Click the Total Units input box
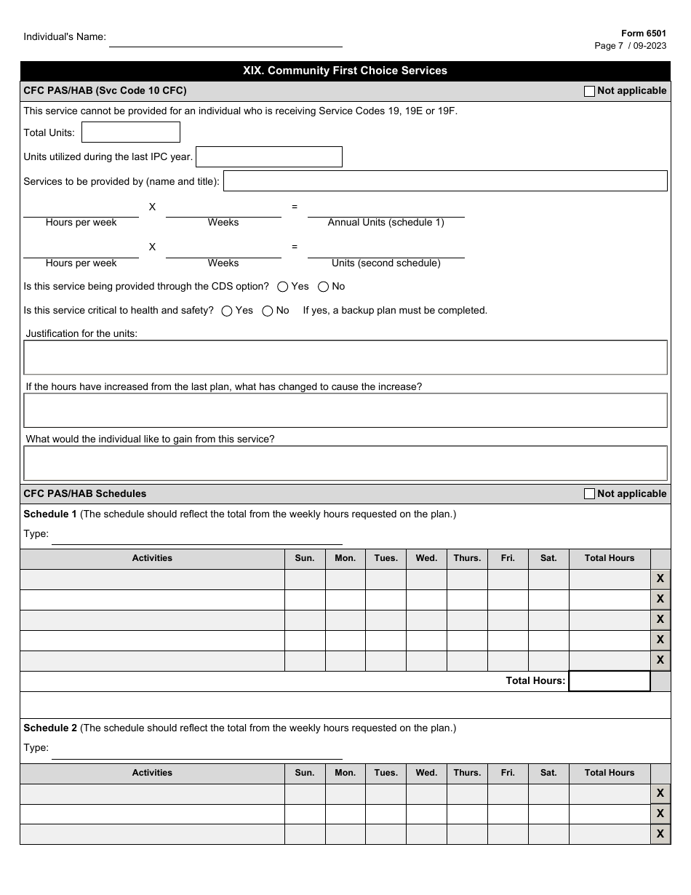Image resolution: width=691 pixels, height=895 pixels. point(131,132)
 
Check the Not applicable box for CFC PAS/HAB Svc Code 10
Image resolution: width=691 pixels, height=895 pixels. point(589,91)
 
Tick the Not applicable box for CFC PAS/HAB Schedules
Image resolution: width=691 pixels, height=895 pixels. point(589,494)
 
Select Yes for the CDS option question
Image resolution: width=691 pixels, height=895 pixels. point(283,287)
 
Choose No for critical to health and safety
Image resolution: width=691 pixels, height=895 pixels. point(268,311)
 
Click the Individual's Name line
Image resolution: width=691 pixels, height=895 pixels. point(225,40)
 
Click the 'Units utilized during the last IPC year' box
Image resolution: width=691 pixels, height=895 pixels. point(269,157)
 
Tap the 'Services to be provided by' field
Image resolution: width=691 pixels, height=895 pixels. point(445,181)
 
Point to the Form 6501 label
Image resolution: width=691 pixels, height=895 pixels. point(643,33)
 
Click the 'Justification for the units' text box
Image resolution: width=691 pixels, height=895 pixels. point(345,357)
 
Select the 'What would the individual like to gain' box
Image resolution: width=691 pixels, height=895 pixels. point(345,464)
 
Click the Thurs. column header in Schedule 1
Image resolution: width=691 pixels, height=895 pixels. point(467,558)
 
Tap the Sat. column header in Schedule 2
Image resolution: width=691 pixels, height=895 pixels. point(548,773)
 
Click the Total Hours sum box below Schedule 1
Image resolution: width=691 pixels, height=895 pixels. point(609,681)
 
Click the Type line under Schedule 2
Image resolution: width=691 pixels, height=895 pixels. point(196,752)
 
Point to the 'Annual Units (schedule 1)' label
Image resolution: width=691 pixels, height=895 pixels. point(386,223)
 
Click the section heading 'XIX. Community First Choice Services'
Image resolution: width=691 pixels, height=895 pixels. point(345,71)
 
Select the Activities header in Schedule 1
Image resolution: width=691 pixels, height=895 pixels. point(152,558)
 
